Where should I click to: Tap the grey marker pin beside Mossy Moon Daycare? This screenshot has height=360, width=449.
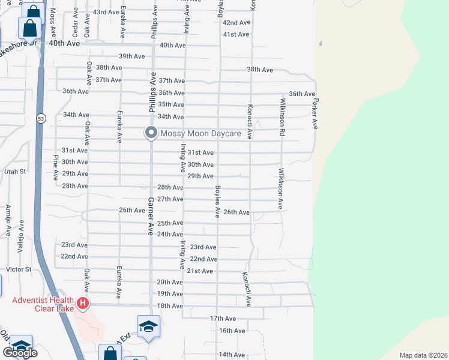(151, 133)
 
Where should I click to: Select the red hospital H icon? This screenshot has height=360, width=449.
(83, 304)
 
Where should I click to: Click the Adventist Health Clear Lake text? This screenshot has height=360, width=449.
(43, 304)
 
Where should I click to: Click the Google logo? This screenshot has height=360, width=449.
(20, 352)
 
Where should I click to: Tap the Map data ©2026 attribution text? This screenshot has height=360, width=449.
(423, 355)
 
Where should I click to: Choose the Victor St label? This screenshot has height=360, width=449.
(18, 269)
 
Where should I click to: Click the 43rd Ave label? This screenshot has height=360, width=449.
(106, 12)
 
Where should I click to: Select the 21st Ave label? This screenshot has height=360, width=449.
(200, 271)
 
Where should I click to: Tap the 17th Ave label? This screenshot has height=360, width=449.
(223, 318)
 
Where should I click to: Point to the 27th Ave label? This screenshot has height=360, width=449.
(170, 199)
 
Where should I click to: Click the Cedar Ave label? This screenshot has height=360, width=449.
(75, 22)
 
